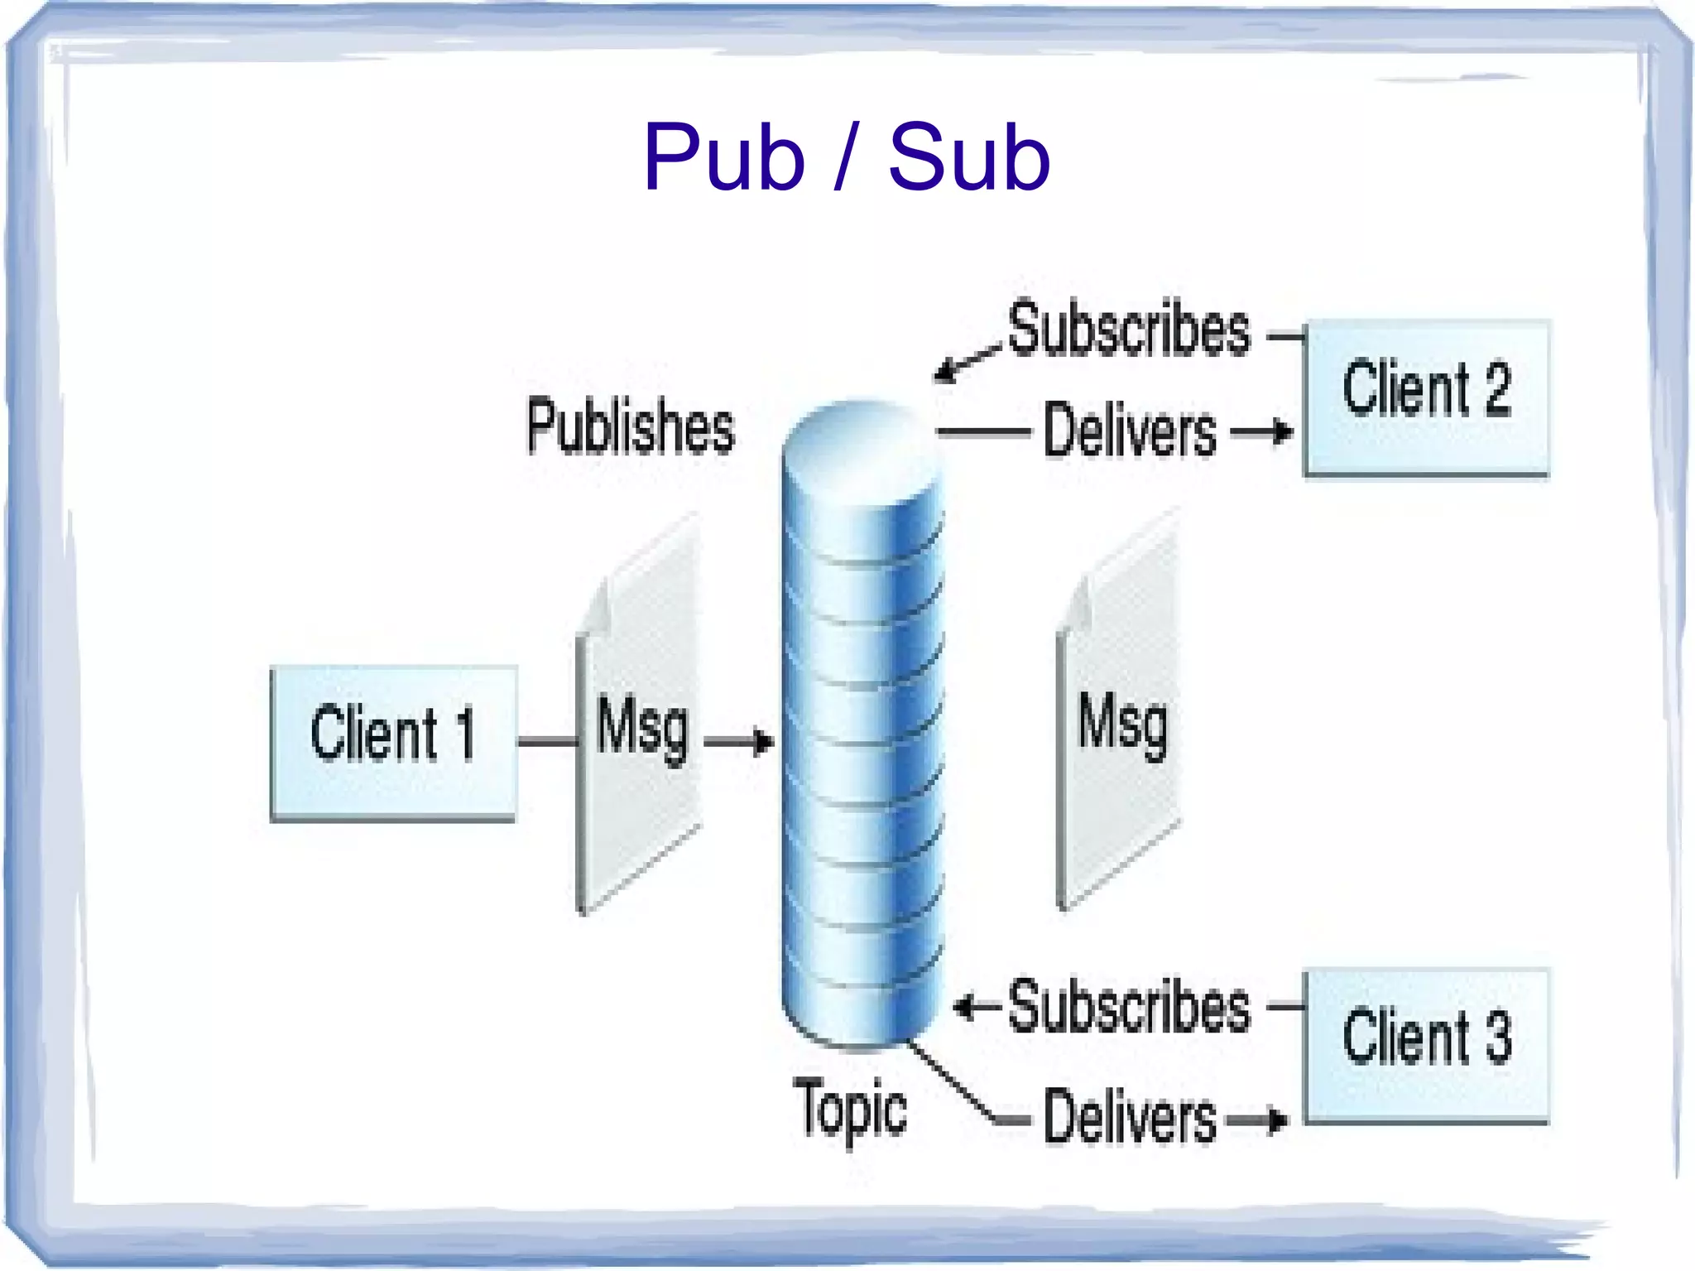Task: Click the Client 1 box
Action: click(x=394, y=742)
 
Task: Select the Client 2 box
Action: click(x=1426, y=397)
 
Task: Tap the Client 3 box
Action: click(x=1426, y=1045)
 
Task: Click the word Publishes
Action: click(x=631, y=426)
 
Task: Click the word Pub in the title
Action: click(x=723, y=157)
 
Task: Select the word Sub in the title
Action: click(x=968, y=157)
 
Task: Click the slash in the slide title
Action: click(x=844, y=157)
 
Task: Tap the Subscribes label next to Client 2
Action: click(x=1128, y=330)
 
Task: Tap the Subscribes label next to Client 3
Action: click(x=1128, y=1007)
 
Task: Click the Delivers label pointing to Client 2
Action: click(x=1130, y=431)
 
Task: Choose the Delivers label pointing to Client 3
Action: click(x=1130, y=1118)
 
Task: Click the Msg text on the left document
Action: click(x=642, y=729)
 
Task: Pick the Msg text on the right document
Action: click(x=1122, y=725)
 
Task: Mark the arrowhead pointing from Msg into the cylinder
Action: click(x=764, y=741)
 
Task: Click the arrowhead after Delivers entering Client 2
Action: click(x=1282, y=431)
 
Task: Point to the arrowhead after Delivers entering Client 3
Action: click(x=1278, y=1121)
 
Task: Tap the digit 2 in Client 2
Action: click(x=1496, y=388)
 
